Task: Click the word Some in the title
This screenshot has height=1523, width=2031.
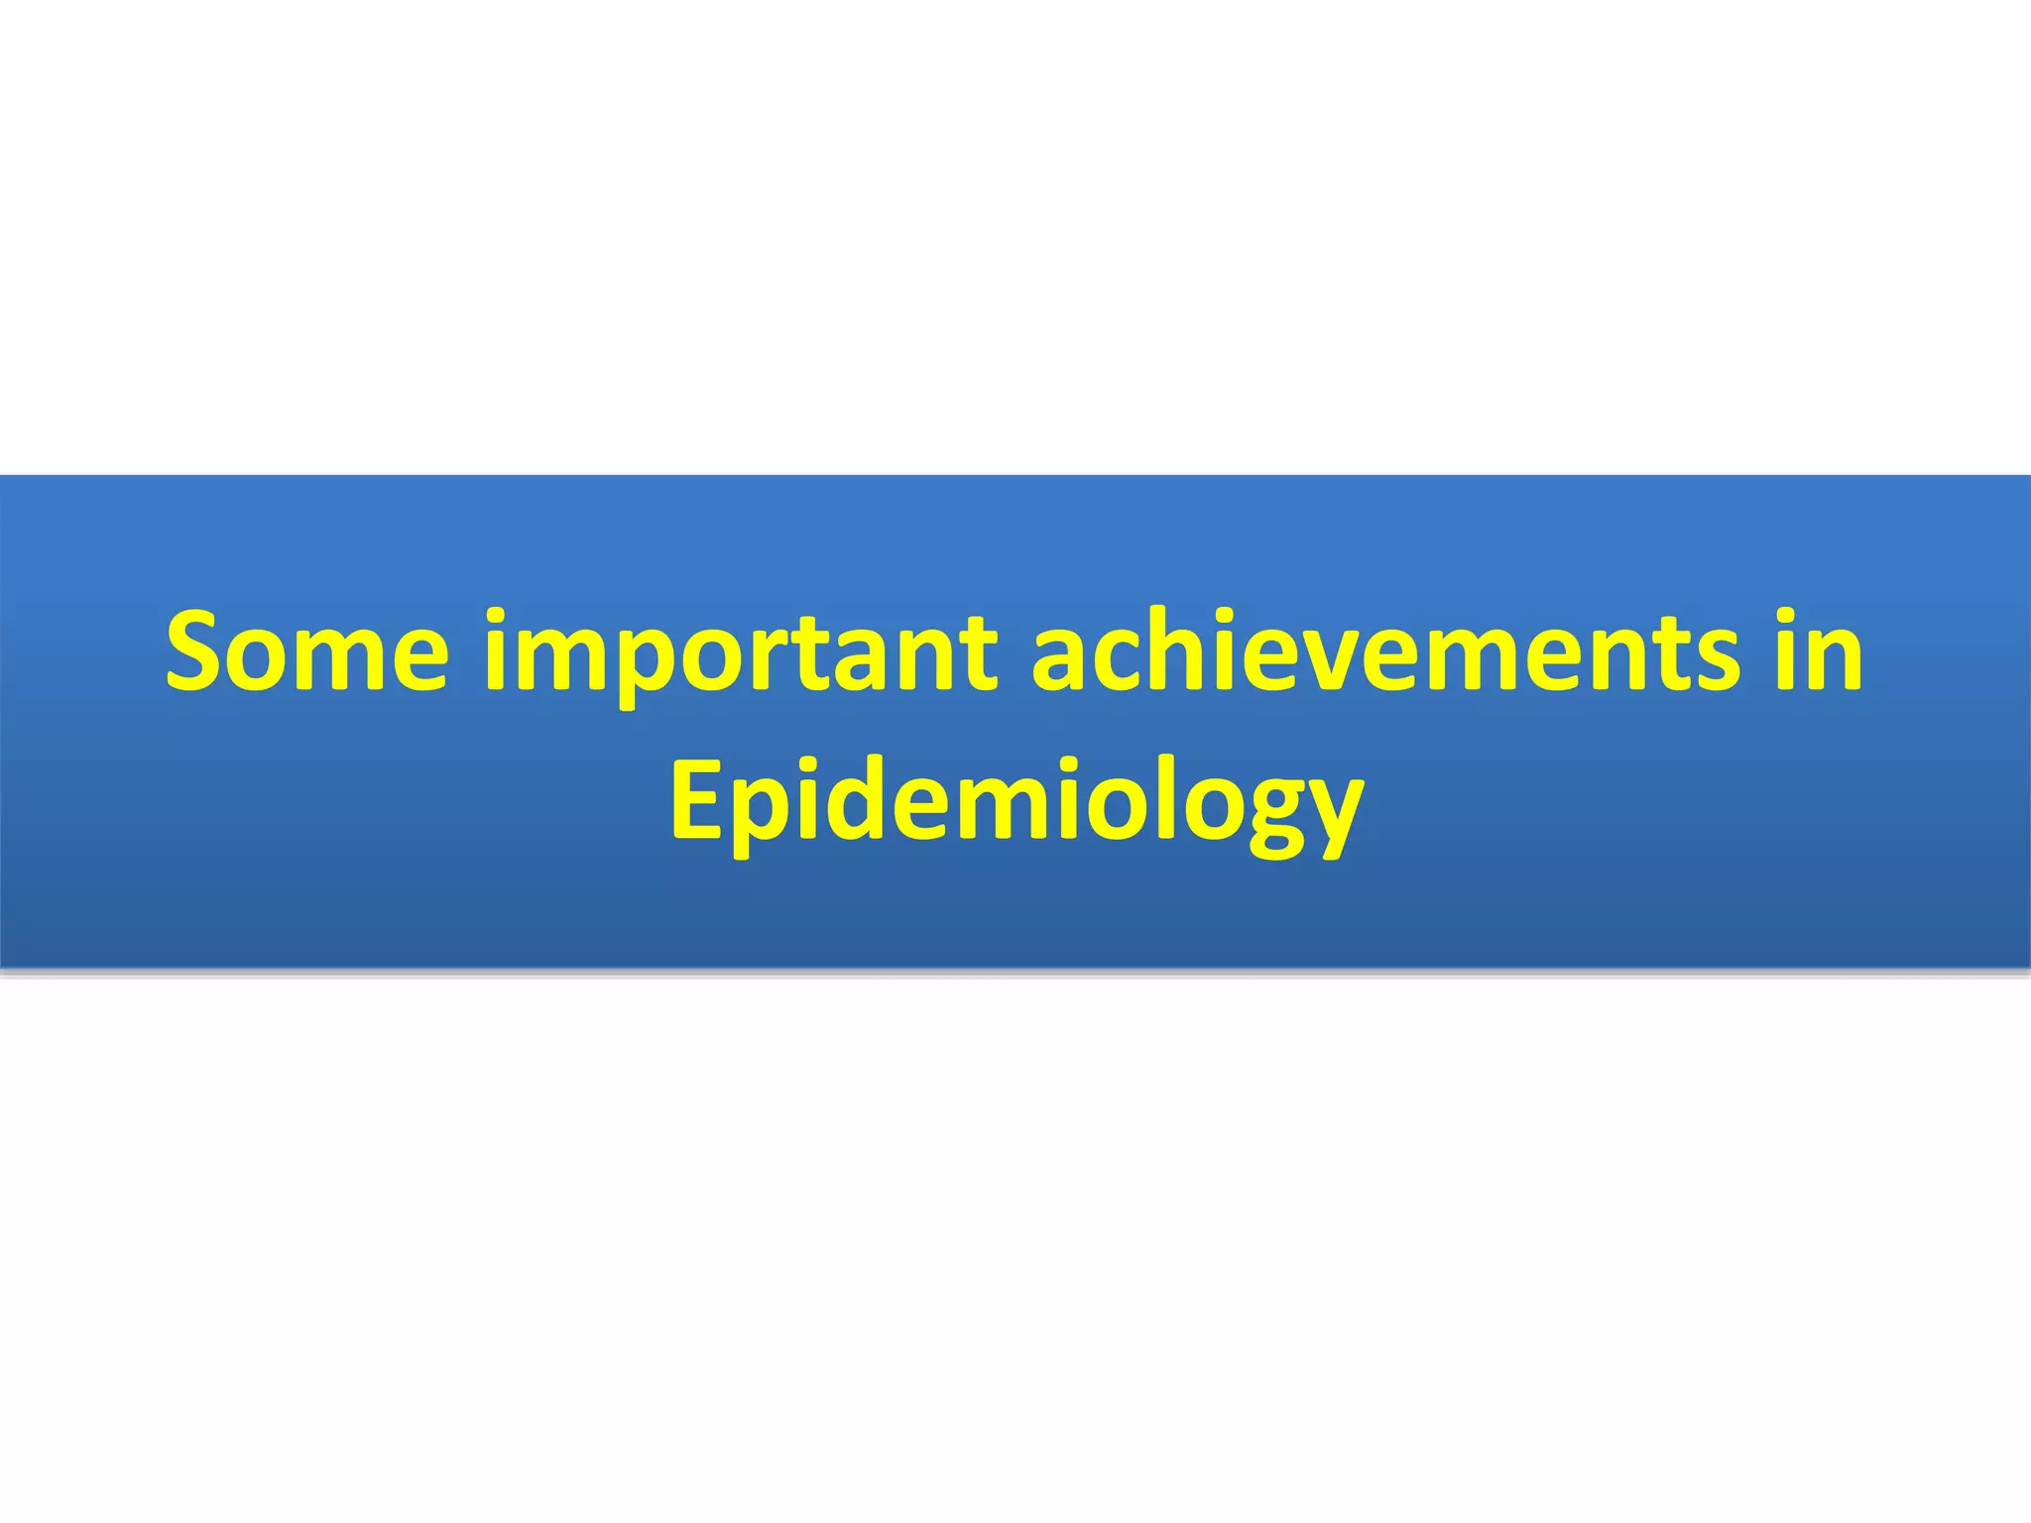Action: tap(306, 651)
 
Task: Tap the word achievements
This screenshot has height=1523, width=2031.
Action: tap(1384, 651)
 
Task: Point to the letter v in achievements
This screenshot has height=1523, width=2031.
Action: tap(1333, 659)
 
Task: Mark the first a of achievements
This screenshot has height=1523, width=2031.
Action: tap(1061, 659)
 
